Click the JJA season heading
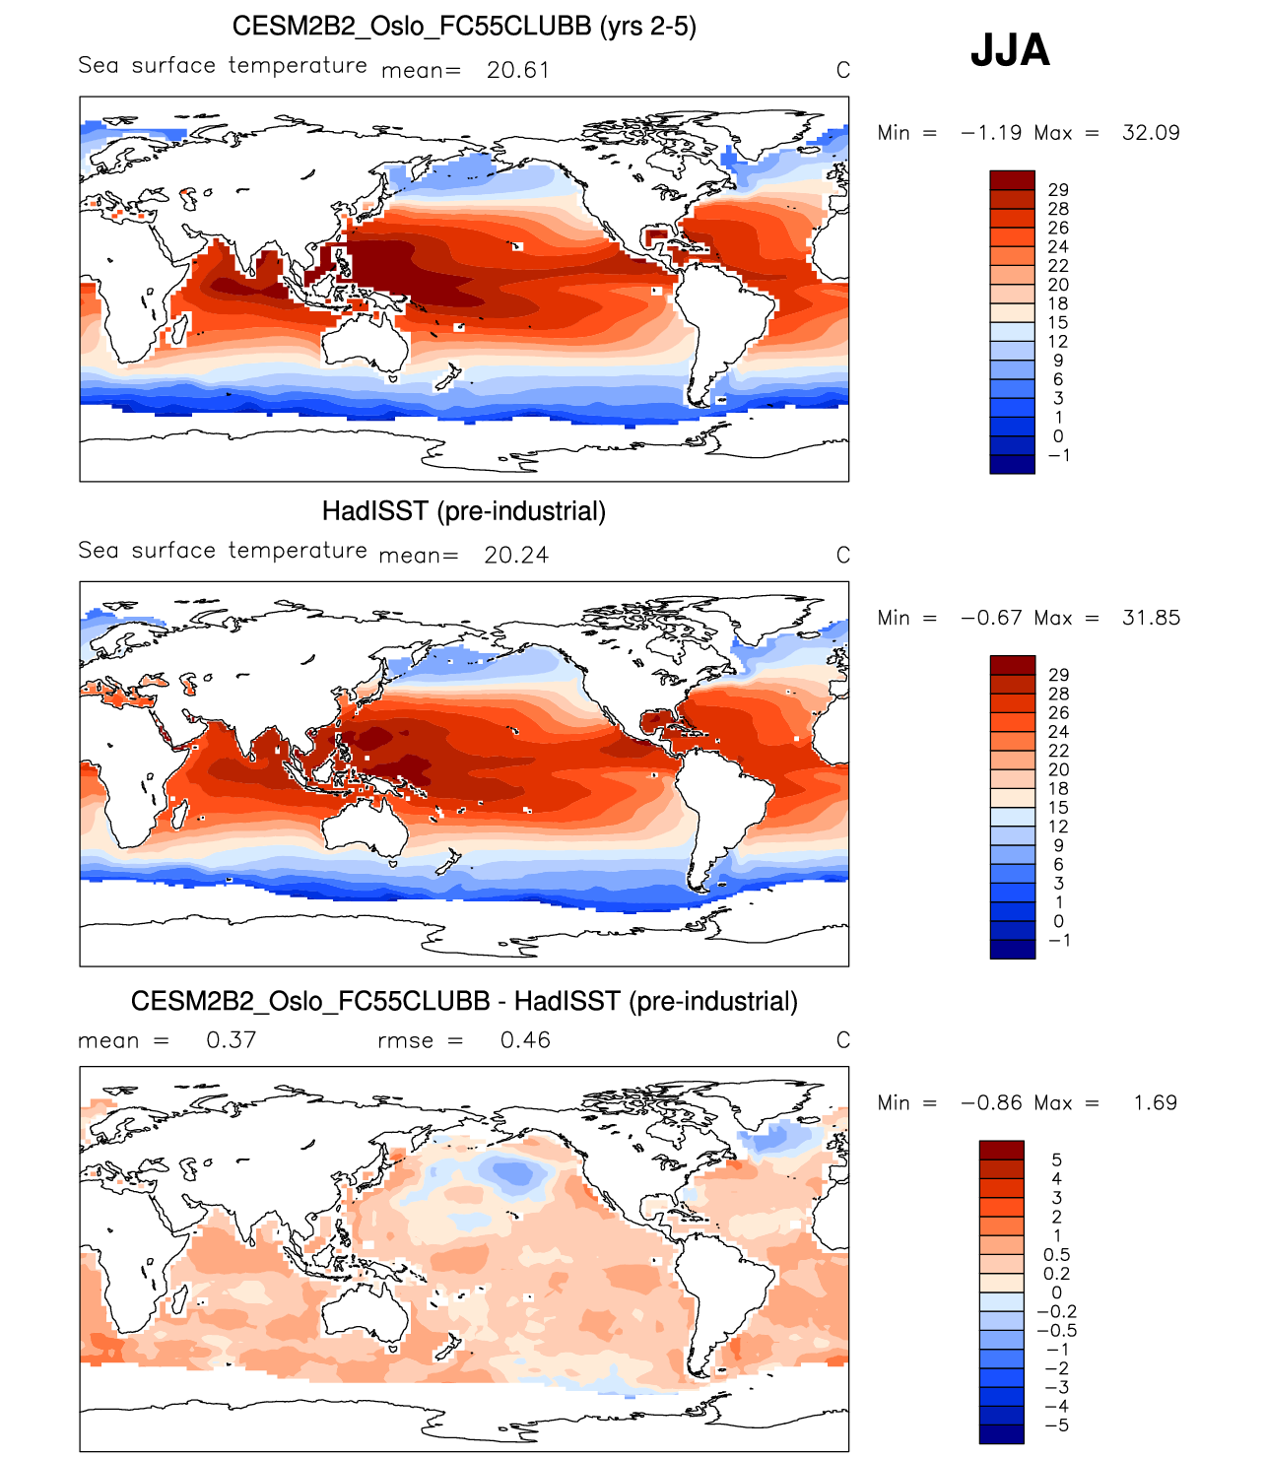pyautogui.click(x=1010, y=50)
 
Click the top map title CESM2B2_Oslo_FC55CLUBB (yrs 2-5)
pyautogui.click(x=464, y=26)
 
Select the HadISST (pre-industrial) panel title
pyautogui.click(x=464, y=511)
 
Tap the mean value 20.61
pyautogui.click(x=518, y=70)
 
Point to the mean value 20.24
pyautogui.click(x=516, y=556)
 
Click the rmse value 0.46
pyautogui.click(x=525, y=1040)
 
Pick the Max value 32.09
pyautogui.click(x=1151, y=133)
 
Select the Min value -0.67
pyautogui.click(x=991, y=618)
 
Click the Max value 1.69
pyautogui.click(x=1155, y=1103)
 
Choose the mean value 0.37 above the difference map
pyautogui.click(x=232, y=1040)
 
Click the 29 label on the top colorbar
pyautogui.click(x=1058, y=190)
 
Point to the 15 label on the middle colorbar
pyautogui.click(x=1058, y=808)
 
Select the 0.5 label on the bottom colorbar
pyautogui.click(x=1056, y=1255)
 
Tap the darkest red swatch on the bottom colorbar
pyautogui.click(x=1002, y=1150)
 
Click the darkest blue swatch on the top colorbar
pyautogui.click(x=1013, y=465)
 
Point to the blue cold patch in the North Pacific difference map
pyautogui.click(x=512, y=1172)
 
